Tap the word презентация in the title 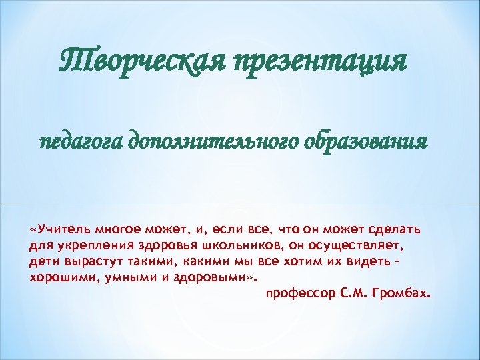tap(320, 64)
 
